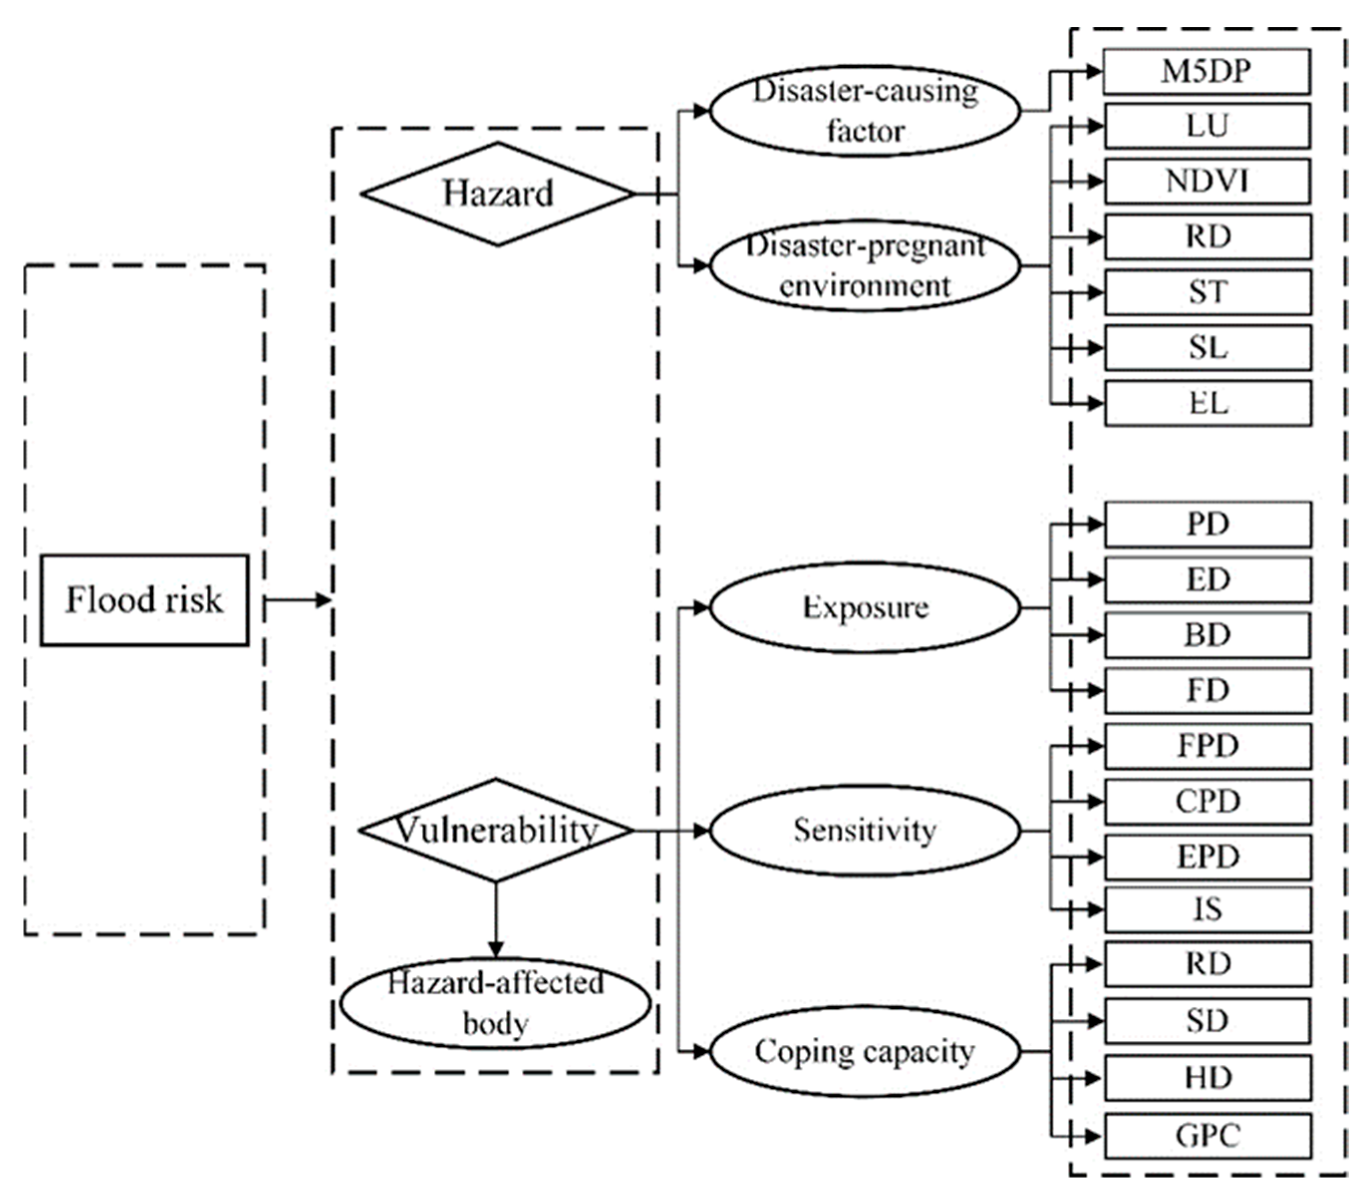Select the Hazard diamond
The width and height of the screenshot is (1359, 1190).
(x=497, y=194)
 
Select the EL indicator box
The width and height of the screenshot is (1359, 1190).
(x=1208, y=403)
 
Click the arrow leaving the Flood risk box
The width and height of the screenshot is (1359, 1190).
(x=297, y=599)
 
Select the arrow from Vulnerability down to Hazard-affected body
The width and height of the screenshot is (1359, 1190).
(x=495, y=920)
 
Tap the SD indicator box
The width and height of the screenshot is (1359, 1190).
(x=1208, y=1021)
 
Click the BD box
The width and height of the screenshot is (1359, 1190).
(x=1208, y=635)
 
